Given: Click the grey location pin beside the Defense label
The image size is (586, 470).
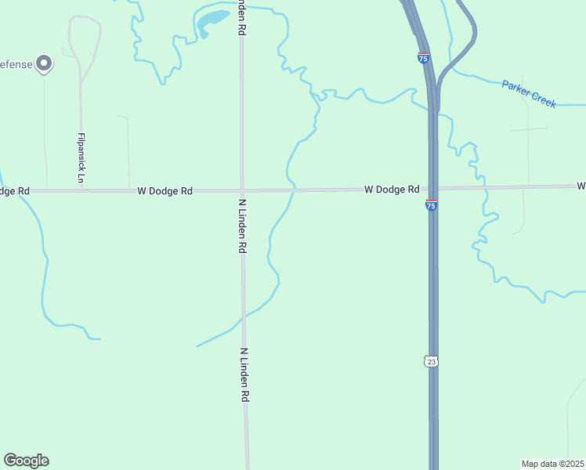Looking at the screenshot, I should tap(45, 63).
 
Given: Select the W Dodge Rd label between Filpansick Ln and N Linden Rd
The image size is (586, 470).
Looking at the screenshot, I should tap(165, 190).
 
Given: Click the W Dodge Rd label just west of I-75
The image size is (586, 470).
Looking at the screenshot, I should tap(391, 190).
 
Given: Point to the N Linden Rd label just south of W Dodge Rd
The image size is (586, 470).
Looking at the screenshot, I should tap(243, 225).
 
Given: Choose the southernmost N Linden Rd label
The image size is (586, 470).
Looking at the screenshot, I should tap(244, 375).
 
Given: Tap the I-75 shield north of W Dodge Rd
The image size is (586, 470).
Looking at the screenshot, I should tap(423, 57).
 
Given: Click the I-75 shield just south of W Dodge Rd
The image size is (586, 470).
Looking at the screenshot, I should tap(432, 205).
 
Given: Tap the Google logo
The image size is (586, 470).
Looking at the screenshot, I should tap(26, 461).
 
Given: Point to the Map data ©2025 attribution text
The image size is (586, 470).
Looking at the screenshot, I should tap(552, 464).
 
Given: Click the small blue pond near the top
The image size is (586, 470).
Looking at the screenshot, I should tap(209, 21).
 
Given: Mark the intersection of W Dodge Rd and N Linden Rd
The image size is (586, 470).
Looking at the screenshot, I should tap(242, 190).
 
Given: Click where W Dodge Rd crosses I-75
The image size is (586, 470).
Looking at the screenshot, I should tap(433, 189).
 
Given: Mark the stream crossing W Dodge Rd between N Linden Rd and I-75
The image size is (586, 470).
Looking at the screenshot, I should tap(292, 190).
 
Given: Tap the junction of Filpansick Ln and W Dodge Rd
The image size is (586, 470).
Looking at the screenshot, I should tap(81, 190).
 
